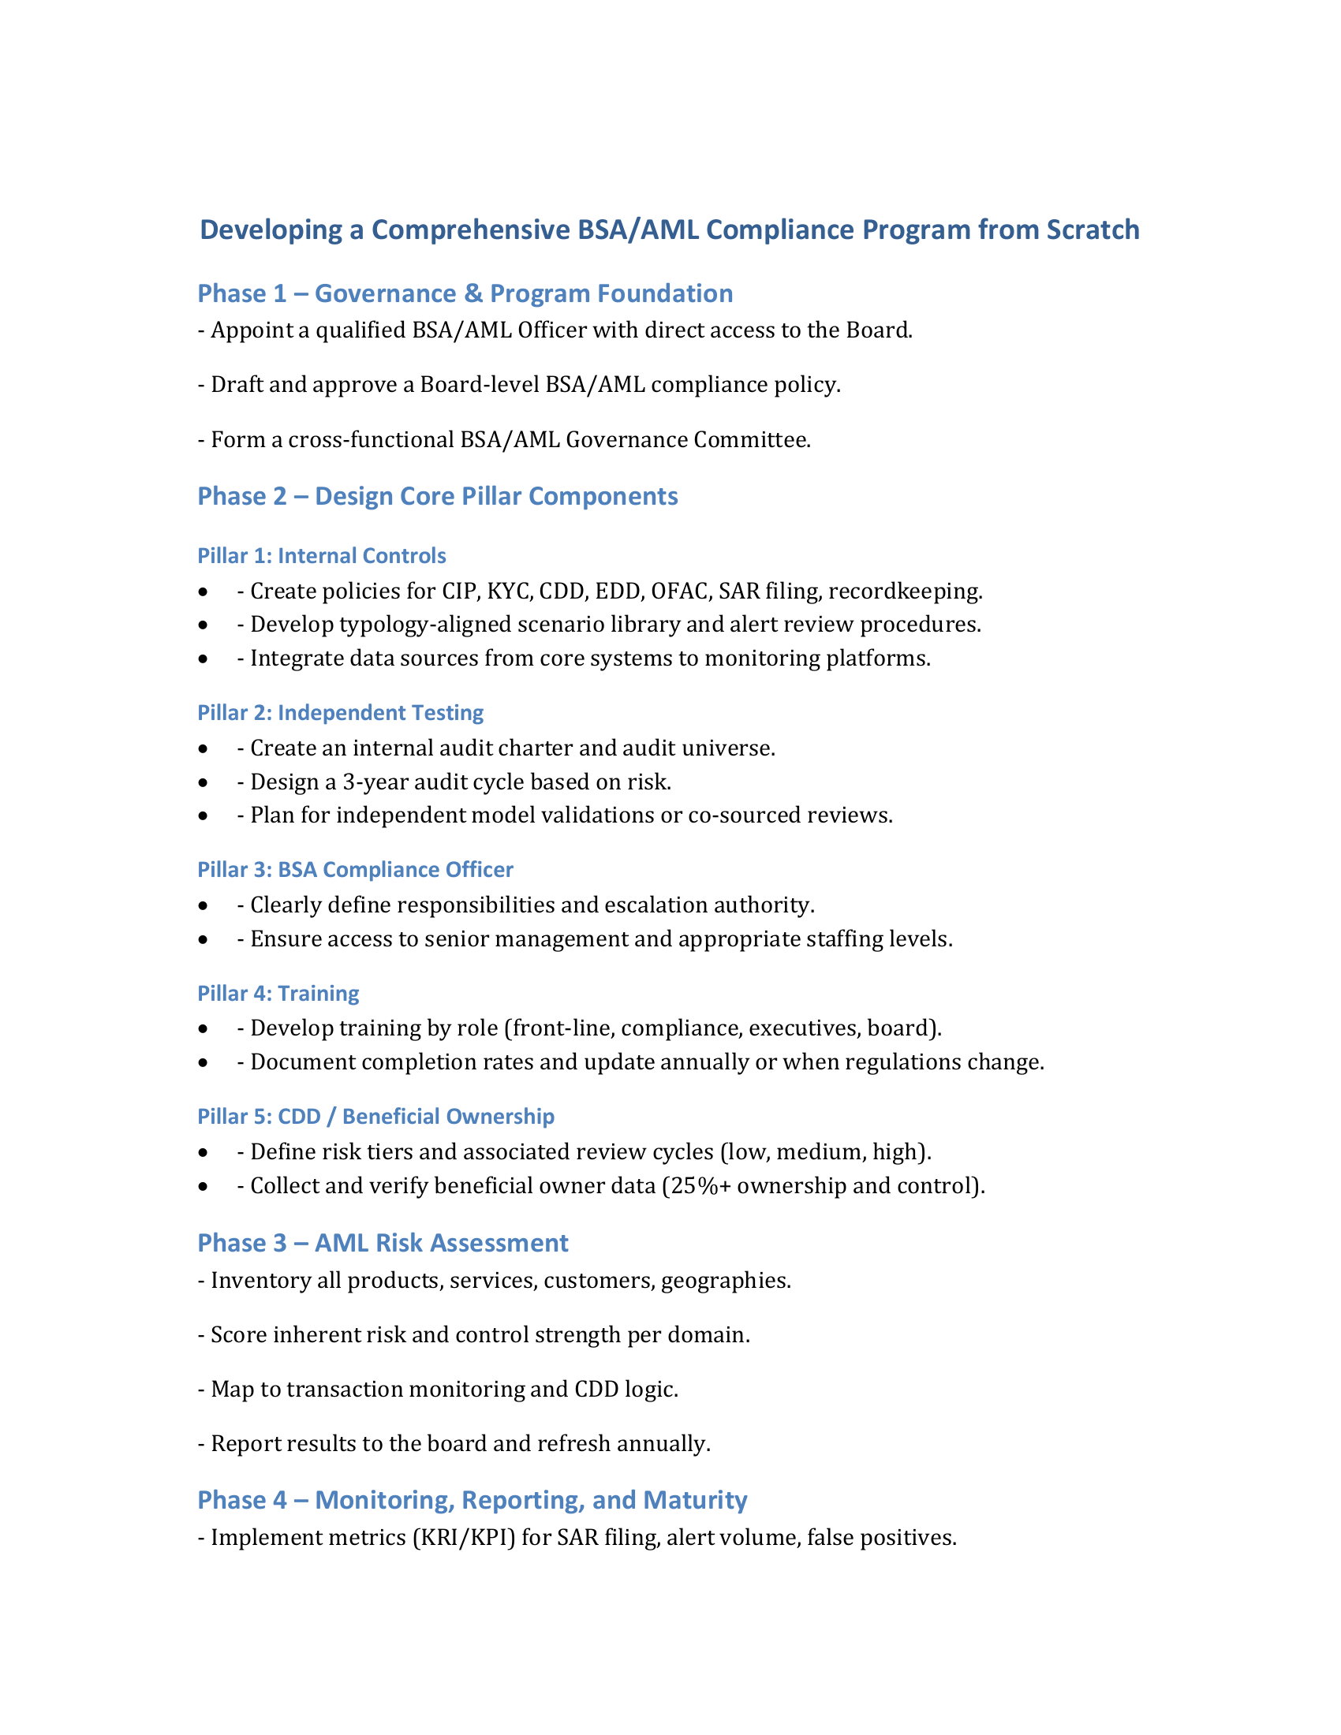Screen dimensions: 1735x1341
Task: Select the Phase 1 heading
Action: pos(465,294)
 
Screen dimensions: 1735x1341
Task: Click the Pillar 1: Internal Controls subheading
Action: pos(322,556)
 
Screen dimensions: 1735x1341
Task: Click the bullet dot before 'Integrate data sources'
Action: pos(204,659)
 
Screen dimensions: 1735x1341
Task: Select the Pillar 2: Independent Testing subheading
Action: pos(340,713)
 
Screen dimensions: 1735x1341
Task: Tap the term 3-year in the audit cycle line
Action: pos(375,782)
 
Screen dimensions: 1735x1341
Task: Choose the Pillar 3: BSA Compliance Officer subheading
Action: pos(355,870)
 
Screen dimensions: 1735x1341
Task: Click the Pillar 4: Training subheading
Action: pos(278,994)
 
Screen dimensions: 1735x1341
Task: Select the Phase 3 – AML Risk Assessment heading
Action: pos(383,1243)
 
